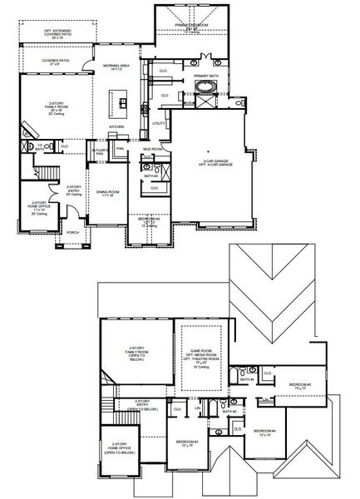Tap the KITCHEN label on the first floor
point(116,126)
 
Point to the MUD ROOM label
point(152,150)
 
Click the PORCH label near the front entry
point(72,233)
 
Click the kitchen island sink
point(121,103)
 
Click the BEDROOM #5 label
point(298,386)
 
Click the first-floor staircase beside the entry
point(46,176)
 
